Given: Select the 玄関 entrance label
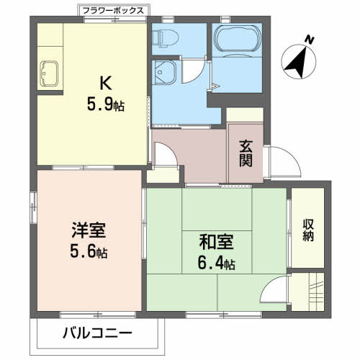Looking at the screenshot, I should [246, 153].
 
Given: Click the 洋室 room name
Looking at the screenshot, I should [89, 232].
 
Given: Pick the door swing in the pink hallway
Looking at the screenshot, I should [163, 153].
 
